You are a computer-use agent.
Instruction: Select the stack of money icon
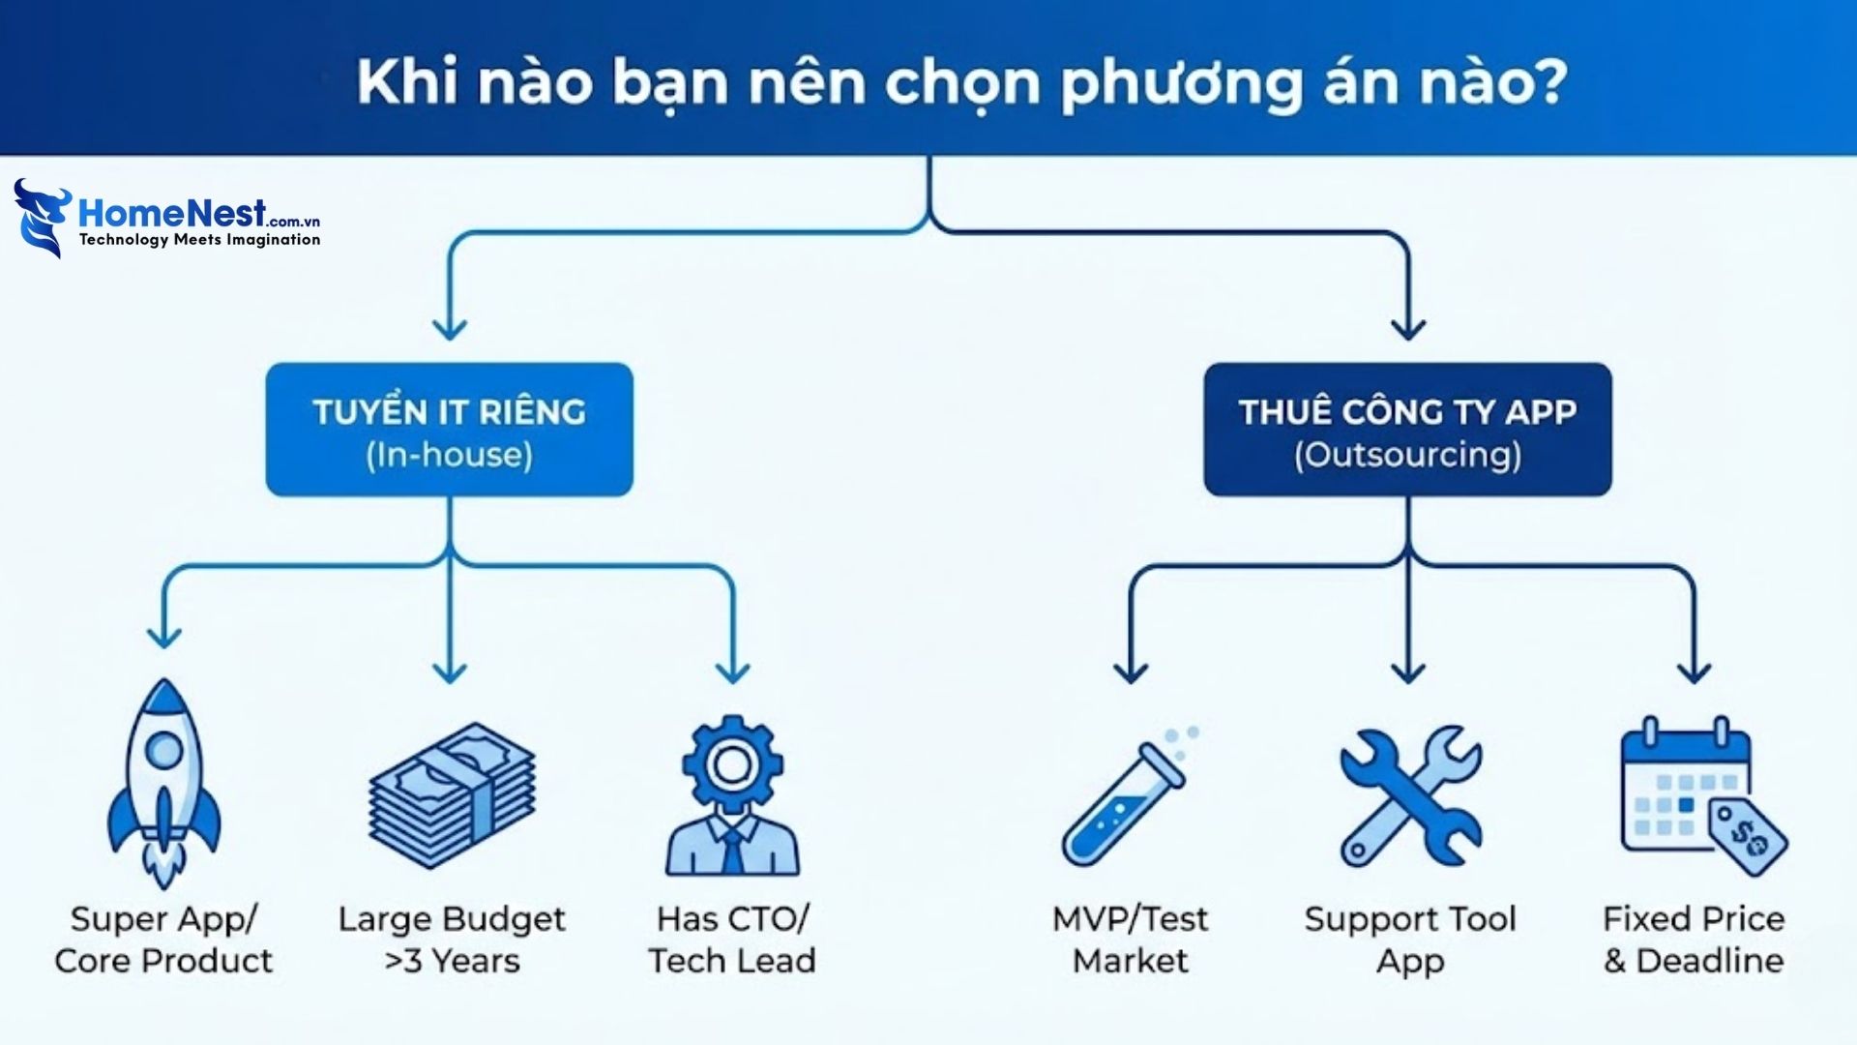point(452,795)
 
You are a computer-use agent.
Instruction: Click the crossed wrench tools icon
point(1409,795)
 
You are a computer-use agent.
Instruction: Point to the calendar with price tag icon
point(1699,795)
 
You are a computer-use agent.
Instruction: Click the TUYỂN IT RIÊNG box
point(450,430)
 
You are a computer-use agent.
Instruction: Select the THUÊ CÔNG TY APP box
point(1407,430)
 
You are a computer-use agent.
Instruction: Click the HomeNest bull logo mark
point(42,218)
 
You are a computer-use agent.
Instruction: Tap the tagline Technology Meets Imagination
point(199,240)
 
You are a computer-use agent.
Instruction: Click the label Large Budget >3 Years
point(452,940)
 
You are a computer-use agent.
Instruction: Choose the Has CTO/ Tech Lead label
point(732,940)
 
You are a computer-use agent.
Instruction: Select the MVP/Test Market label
point(1130,940)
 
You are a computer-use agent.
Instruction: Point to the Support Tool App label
point(1409,940)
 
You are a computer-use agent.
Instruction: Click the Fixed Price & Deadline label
point(1694,940)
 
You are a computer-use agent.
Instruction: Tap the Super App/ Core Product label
point(163,940)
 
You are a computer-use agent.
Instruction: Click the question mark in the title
point(1547,81)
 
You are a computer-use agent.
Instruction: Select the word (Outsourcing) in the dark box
point(1407,455)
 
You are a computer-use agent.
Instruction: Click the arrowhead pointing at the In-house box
point(450,329)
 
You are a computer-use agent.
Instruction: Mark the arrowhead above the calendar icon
point(1694,672)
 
